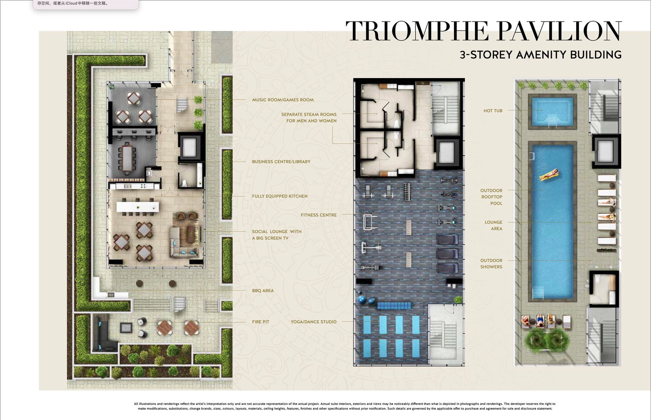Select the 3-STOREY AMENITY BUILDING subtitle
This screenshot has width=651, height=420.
pos(541,55)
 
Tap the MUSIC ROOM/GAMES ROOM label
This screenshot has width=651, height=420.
pos(283,100)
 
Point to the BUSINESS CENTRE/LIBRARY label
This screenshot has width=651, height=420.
pos(281,162)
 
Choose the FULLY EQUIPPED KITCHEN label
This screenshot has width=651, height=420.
pos(280,196)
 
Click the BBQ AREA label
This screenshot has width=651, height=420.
pos(263,291)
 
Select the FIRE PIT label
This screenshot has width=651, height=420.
pos(260,322)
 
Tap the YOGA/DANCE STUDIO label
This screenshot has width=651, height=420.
pos(314,322)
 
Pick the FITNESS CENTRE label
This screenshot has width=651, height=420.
pos(319,215)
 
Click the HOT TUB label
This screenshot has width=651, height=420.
pos(493,111)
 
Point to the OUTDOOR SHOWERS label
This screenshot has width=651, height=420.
pos(491,264)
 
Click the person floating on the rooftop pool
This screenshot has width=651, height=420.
pos(548,175)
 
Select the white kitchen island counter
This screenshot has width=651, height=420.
pos(138,207)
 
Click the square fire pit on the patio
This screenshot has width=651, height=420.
pos(126,328)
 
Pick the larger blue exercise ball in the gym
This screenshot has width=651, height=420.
pos(362,300)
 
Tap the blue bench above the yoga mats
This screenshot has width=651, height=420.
pos(394,306)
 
